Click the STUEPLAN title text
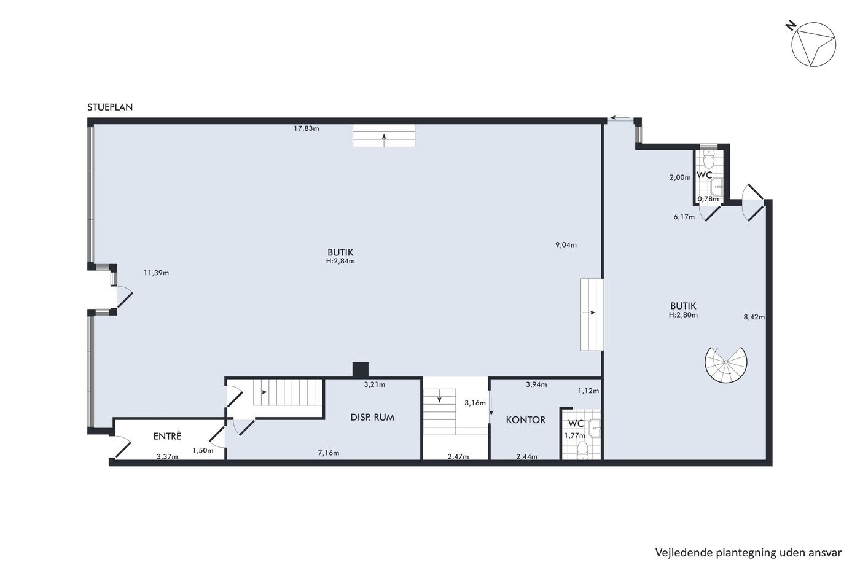(x=110, y=107)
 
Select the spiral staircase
(x=725, y=365)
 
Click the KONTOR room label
(x=525, y=420)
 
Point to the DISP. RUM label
(x=372, y=418)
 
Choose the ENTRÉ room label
(x=167, y=436)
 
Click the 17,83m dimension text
(x=307, y=128)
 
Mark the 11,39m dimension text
(x=156, y=273)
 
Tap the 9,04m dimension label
(x=566, y=245)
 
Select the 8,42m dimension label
(x=754, y=317)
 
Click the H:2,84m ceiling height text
(x=340, y=261)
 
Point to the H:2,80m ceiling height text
(x=683, y=314)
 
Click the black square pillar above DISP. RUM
(x=361, y=370)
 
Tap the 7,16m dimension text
(x=328, y=453)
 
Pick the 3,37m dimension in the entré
(x=167, y=457)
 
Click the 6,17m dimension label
(x=684, y=217)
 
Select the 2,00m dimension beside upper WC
(x=680, y=177)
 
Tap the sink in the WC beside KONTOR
(x=595, y=428)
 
